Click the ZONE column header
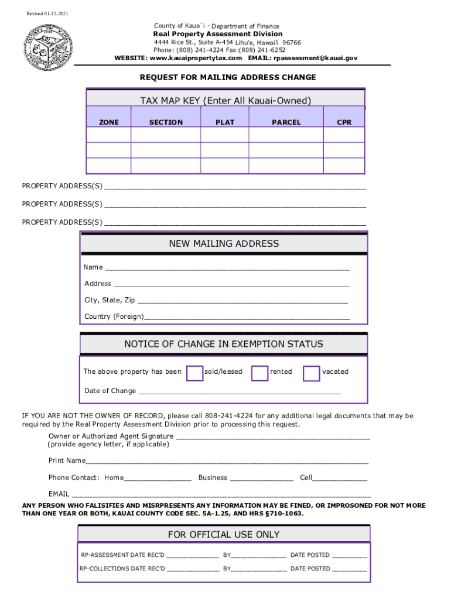pyautogui.click(x=108, y=122)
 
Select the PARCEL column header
pyautogui.click(x=286, y=122)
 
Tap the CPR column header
pyautogui.click(x=344, y=122)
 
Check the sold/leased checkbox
pyautogui.click(x=194, y=373)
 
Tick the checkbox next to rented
pyautogui.click(x=259, y=373)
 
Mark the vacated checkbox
pyautogui.click(x=311, y=373)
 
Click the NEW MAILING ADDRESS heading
pyautogui.click(x=224, y=244)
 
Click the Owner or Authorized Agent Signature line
pyautogui.click(x=273, y=438)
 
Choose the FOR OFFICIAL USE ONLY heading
pyautogui.click(x=224, y=535)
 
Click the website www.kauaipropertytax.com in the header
pyautogui.click(x=196, y=58)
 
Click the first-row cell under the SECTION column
pyautogui.click(x=166, y=135)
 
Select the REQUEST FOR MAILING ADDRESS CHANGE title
pyautogui.click(x=227, y=77)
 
